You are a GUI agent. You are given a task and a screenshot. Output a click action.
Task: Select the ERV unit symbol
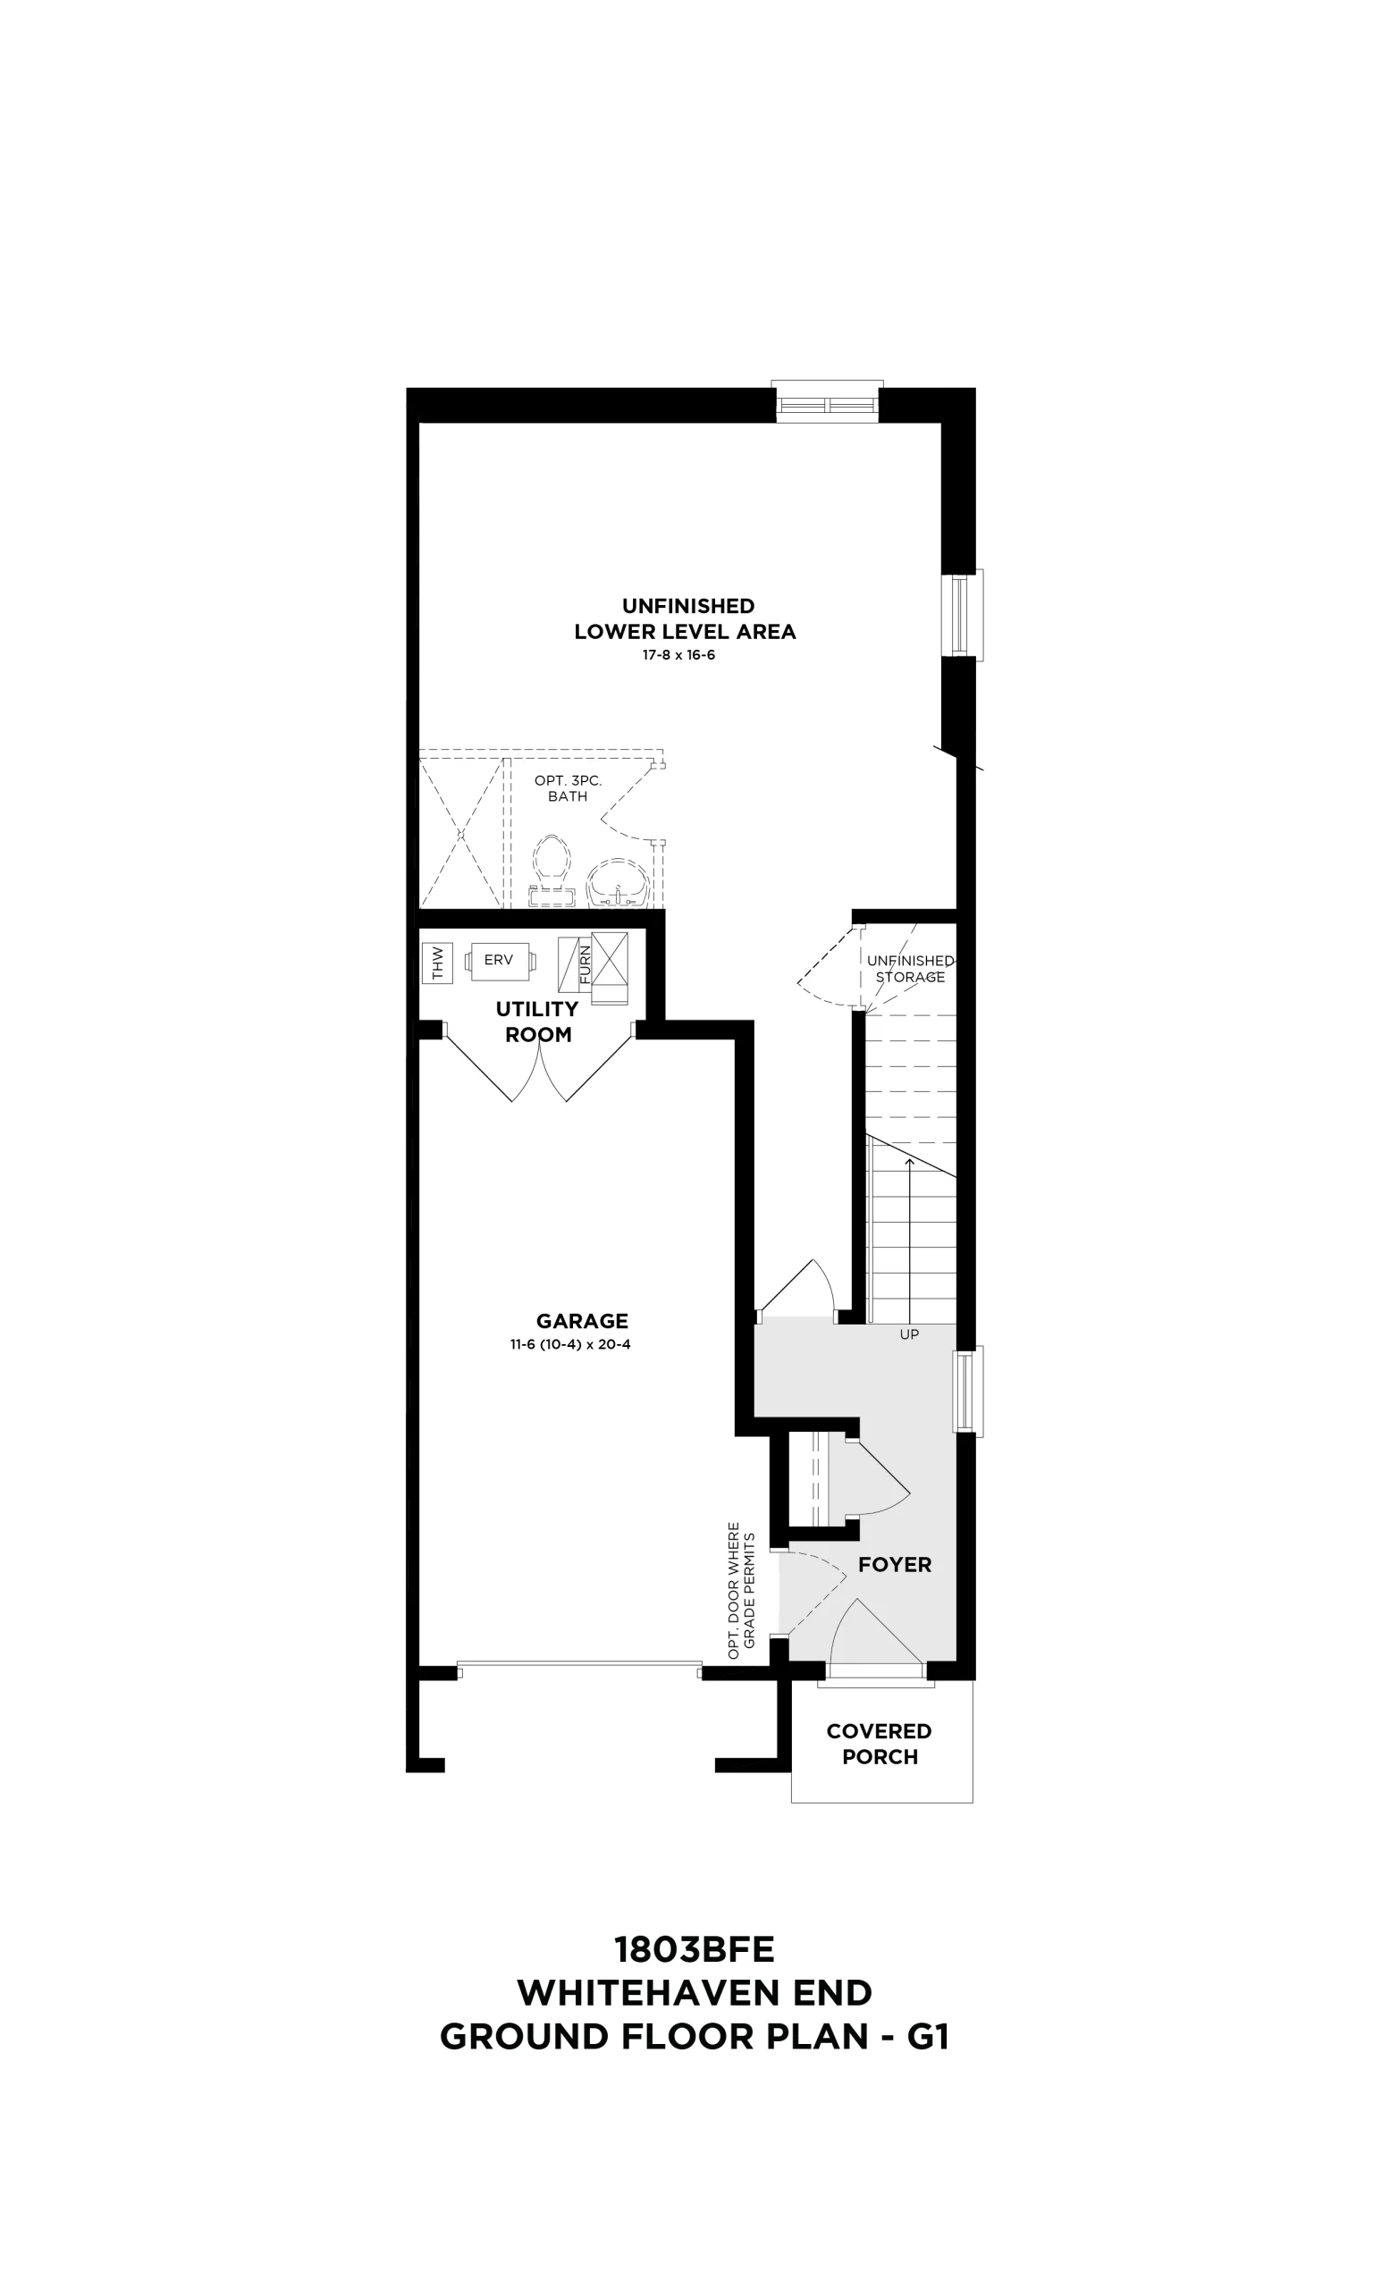pos(500,960)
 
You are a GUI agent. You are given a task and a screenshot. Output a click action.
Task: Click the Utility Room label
pos(537,1022)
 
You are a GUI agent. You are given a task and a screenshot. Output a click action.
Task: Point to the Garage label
pos(582,1320)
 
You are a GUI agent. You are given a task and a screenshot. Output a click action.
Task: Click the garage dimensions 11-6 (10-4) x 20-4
pos(570,1343)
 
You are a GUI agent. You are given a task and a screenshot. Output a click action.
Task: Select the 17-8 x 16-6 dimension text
pos(678,654)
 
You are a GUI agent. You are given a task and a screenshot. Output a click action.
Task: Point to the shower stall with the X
pos(460,833)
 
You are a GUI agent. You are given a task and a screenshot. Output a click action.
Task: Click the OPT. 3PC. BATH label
pos(568,788)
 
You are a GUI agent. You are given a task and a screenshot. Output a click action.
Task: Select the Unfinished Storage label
pos(910,969)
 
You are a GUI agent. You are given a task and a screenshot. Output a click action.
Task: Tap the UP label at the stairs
pos(909,1334)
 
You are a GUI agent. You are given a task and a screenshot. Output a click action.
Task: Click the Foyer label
pos(894,1565)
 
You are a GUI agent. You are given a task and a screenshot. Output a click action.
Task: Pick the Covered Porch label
pos(880,1744)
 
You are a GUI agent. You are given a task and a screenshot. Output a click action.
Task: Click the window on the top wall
pos(828,402)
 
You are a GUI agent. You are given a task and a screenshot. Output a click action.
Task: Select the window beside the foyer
pos(967,1390)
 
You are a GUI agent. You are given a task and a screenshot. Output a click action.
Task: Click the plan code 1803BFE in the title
pos(695,1950)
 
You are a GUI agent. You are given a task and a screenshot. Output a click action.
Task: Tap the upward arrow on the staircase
pos(909,1240)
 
